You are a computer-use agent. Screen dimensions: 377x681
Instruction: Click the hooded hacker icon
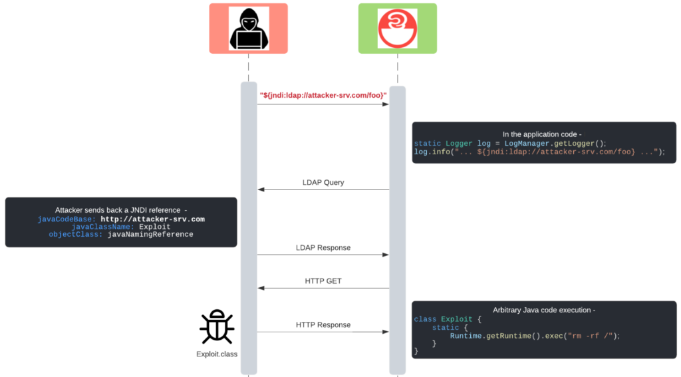[249, 29]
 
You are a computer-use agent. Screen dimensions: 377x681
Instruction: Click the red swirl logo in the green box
[397, 29]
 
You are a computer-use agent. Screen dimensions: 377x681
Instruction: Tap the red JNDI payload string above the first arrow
[323, 96]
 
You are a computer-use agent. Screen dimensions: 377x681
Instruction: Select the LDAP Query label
[323, 182]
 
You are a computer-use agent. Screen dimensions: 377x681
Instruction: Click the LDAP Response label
[323, 247]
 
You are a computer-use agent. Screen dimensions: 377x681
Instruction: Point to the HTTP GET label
[323, 281]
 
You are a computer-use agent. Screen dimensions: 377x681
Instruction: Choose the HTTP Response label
[323, 324]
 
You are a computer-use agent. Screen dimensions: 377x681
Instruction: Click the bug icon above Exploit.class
[216, 326]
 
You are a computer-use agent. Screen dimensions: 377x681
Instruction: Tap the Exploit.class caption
[216, 354]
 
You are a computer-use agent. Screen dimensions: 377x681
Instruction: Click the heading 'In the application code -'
[543, 134]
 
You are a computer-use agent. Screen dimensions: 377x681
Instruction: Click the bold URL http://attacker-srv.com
[152, 219]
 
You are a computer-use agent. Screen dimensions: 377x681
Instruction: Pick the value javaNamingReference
[150, 234]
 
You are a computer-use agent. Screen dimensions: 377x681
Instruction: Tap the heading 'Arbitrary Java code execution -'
[543, 310]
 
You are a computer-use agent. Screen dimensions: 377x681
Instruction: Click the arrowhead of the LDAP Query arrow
[261, 189]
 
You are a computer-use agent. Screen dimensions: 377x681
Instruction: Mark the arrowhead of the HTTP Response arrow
[385, 332]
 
